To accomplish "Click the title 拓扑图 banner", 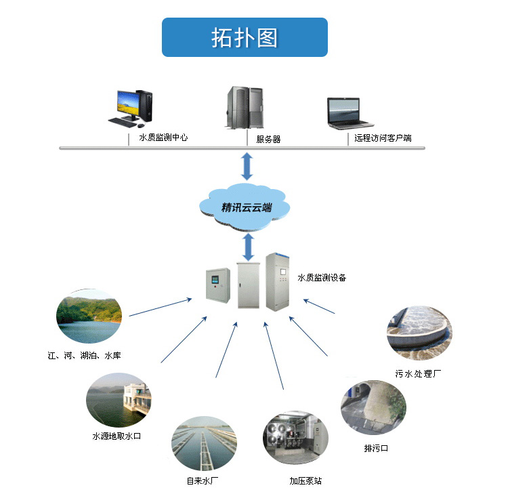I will pos(245,37).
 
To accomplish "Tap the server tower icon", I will pos(244,106).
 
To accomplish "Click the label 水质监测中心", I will pos(163,138).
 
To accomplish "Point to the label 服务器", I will pos(268,140).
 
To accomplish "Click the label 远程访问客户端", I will pos(383,138).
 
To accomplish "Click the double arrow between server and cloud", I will pos(247,167).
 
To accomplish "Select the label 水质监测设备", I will pos(322,278).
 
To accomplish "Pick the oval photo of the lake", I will pos(89,316).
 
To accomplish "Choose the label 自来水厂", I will pos(203,481).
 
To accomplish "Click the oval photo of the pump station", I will pos(295,438).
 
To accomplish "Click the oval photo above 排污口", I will pos(373,407).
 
